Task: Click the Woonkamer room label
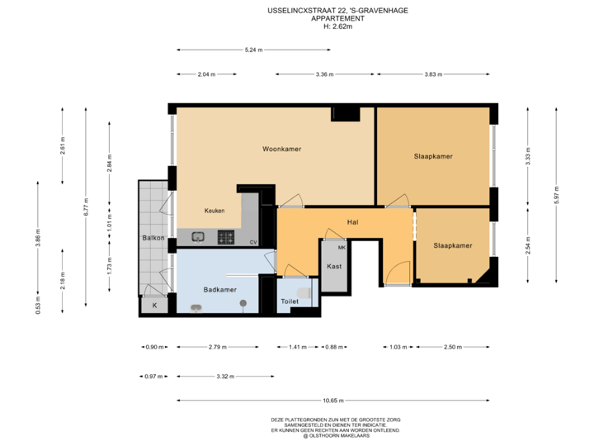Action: (x=281, y=149)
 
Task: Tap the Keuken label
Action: (x=214, y=211)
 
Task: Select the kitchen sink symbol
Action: (x=199, y=238)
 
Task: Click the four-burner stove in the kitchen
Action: (x=226, y=238)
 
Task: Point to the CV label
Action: (x=253, y=242)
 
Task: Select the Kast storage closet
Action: (x=334, y=267)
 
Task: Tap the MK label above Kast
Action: (x=342, y=247)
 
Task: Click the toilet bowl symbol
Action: (x=304, y=292)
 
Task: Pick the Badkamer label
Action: (x=219, y=290)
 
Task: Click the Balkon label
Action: (x=153, y=239)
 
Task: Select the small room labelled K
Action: (x=153, y=305)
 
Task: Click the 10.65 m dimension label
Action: (x=333, y=401)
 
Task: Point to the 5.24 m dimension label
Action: (x=253, y=50)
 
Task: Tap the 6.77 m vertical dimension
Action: (x=87, y=212)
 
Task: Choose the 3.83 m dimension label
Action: (x=433, y=74)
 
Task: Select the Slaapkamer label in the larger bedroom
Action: (x=433, y=156)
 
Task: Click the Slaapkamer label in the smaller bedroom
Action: (x=452, y=245)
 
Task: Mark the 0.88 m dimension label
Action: (x=333, y=347)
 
